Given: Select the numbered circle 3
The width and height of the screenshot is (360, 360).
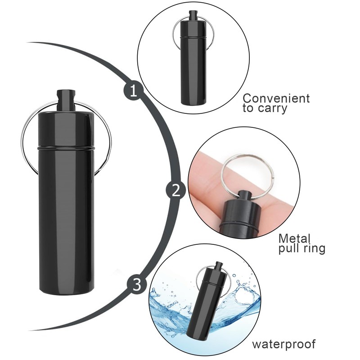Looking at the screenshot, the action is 138,284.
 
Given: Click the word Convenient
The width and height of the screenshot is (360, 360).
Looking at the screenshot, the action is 276,98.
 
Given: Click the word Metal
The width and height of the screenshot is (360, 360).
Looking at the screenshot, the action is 295,238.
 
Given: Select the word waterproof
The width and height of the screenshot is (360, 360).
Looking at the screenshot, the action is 283,345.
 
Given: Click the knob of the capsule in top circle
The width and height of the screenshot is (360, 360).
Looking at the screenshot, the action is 194,16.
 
